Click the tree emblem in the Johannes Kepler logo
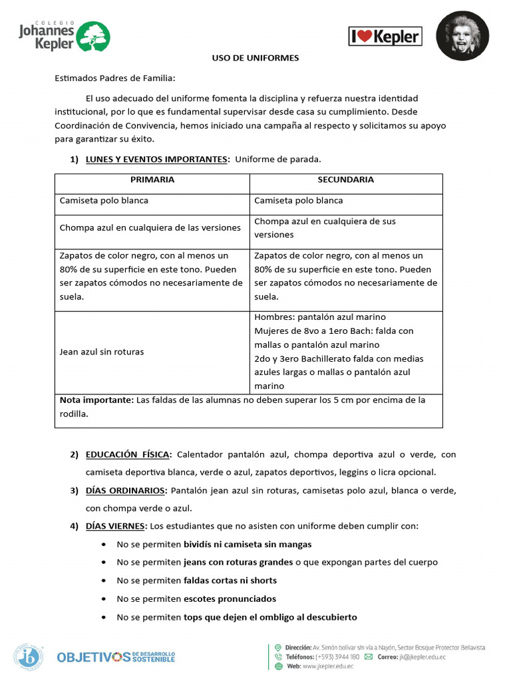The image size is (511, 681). [x=93, y=36]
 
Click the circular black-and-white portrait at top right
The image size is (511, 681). [x=462, y=36]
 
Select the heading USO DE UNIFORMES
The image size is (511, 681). [x=255, y=58]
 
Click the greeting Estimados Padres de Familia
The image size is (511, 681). [x=114, y=78]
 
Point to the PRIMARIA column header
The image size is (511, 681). [x=152, y=180]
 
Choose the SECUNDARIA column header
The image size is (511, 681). [x=345, y=180]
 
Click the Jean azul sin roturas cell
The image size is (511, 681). [x=102, y=352]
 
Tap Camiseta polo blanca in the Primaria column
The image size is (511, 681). [x=104, y=200]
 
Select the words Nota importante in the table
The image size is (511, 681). [x=96, y=400]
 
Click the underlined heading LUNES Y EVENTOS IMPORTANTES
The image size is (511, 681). [x=157, y=159]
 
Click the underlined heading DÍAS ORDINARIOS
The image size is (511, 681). [x=126, y=490]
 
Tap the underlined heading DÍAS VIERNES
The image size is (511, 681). [x=115, y=525]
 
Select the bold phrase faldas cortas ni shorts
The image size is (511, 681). [x=230, y=580]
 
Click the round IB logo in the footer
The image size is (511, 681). [x=30, y=656]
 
